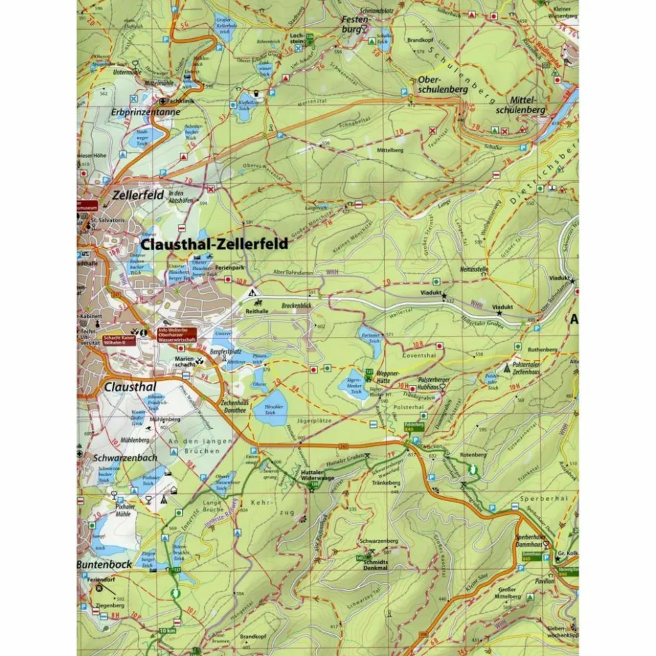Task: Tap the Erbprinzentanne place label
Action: tap(145, 112)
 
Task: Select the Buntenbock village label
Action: tap(104, 564)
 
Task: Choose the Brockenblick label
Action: tap(297, 305)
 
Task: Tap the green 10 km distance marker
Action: tap(167, 630)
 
